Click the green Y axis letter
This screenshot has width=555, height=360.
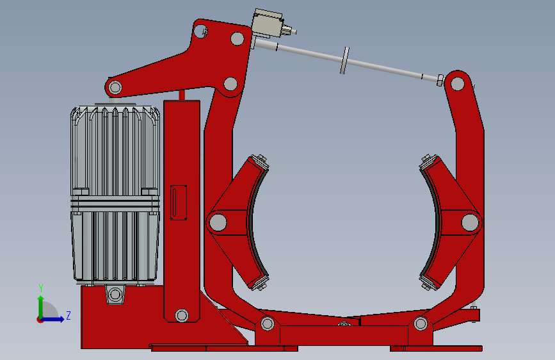[x=41, y=288]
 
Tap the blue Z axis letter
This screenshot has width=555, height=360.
[x=68, y=315]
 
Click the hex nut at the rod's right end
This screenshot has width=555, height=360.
[x=440, y=81]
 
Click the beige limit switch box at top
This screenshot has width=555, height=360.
[x=268, y=24]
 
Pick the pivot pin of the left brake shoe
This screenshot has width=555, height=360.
[x=218, y=222]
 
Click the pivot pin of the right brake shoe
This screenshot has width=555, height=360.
[x=470, y=222]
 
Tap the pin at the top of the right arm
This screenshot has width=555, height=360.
[x=458, y=84]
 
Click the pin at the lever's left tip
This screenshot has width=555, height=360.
[x=115, y=87]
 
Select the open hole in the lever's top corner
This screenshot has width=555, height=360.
[x=200, y=31]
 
